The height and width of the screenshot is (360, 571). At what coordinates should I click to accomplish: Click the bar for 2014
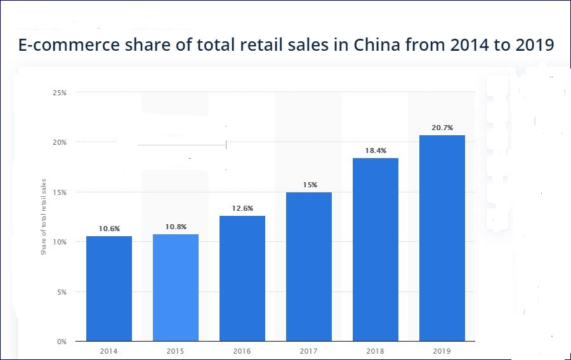click(x=109, y=288)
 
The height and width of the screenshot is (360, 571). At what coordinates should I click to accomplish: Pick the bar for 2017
click(x=309, y=267)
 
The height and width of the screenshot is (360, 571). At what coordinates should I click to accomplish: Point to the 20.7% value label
click(x=442, y=128)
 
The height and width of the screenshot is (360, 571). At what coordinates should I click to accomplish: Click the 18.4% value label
click(x=376, y=150)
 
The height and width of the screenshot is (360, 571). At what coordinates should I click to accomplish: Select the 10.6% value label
click(x=109, y=229)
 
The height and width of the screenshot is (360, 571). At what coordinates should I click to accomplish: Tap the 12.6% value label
click(x=242, y=208)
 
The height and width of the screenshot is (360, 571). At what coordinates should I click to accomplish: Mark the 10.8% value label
click(x=176, y=227)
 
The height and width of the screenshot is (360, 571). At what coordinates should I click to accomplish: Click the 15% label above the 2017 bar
click(x=309, y=185)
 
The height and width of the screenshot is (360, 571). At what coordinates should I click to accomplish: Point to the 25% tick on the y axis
click(x=60, y=93)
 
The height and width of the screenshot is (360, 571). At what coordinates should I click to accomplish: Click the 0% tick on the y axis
click(x=62, y=342)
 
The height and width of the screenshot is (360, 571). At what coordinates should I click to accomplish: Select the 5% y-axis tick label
click(x=62, y=292)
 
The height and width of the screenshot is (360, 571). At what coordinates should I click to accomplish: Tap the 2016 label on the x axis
click(x=242, y=351)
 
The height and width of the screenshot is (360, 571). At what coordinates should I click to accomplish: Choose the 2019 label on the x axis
click(x=442, y=351)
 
